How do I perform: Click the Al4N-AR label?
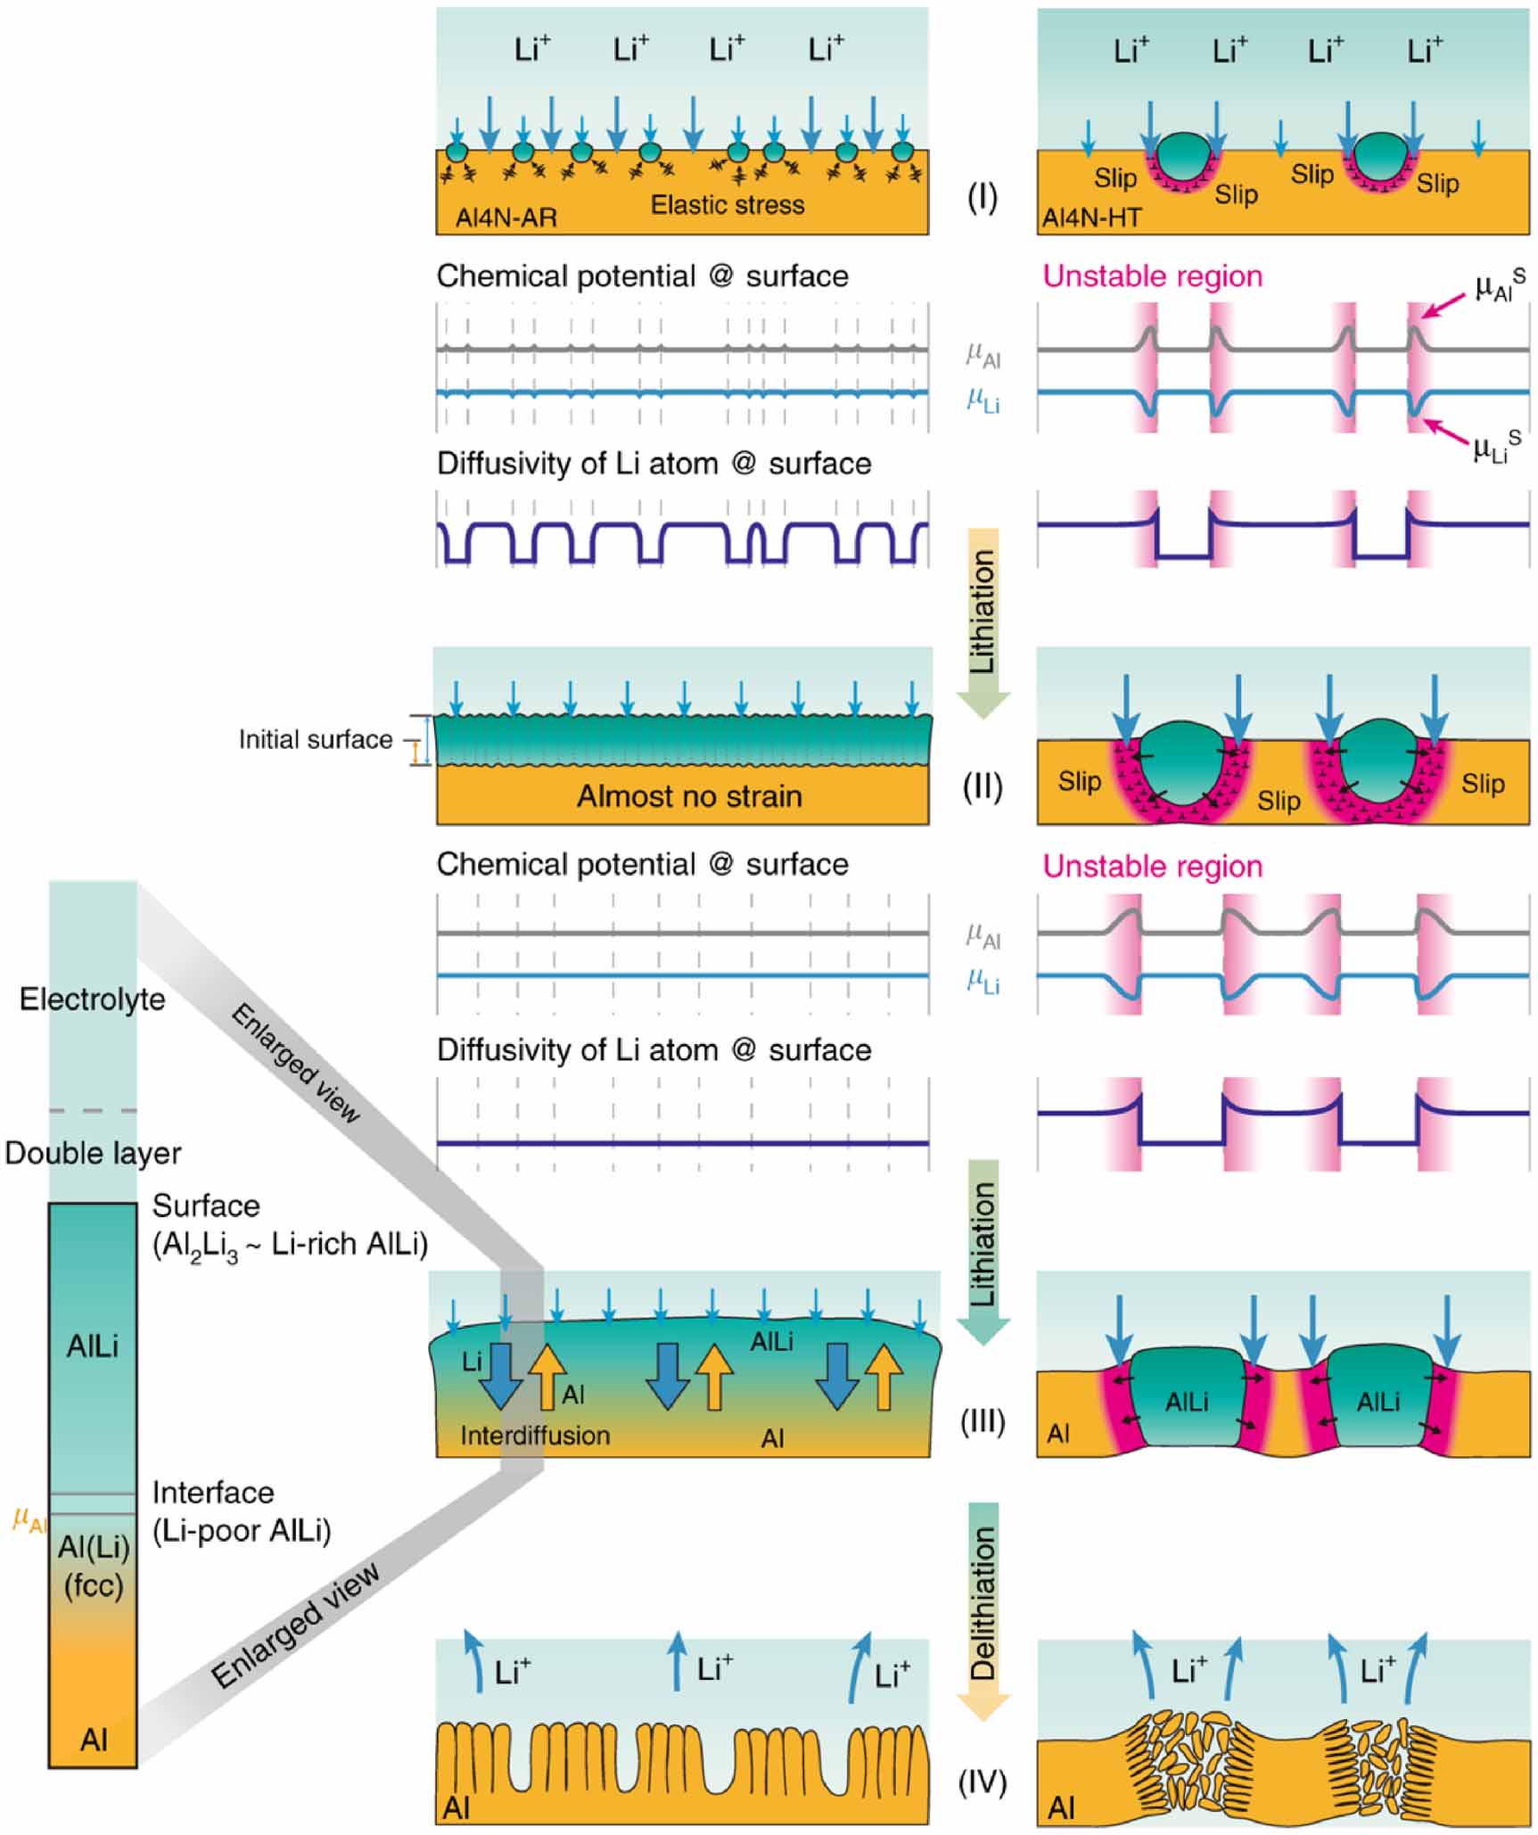click(506, 218)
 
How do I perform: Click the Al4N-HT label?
click(1091, 218)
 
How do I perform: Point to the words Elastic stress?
click(727, 205)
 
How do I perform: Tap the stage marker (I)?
click(982, 197)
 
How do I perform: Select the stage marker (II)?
click(982, 786)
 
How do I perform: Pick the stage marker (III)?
click(982, 1420)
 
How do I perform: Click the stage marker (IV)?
click(982, 1782)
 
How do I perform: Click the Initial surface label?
click(315, 739)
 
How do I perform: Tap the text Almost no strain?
click(688, 795)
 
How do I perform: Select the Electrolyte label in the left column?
click(92, 999)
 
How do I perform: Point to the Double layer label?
click(92, 1153)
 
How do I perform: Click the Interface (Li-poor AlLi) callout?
click(241, 1511)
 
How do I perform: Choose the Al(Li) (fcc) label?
click(93, 1567)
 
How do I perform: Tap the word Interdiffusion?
click(535, 1436)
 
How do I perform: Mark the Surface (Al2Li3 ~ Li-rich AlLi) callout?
click(289, 1225)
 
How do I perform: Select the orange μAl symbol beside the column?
click(29, 1518)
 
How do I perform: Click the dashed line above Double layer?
click(93, 1111)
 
